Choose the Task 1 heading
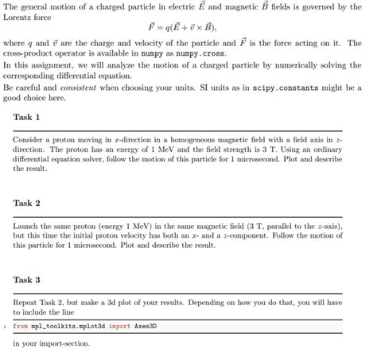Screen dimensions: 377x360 (x=27, y=117)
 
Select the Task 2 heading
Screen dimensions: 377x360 (x=27, y=203)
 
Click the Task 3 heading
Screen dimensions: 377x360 (x=27, y=280)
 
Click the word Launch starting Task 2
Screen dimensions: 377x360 (x=27, y=226)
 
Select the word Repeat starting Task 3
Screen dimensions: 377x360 (x=26, y=303)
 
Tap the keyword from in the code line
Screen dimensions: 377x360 (x=20, y=327)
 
